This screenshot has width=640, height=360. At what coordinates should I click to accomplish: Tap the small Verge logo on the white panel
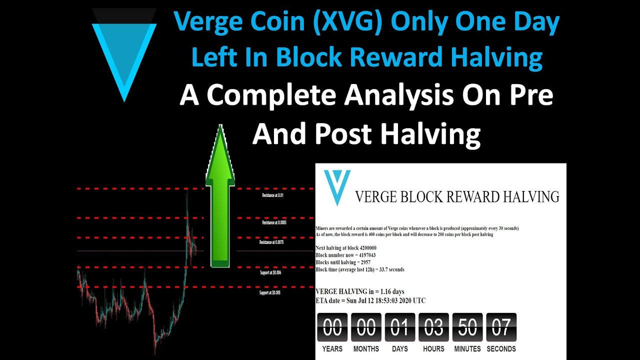pos(337,185)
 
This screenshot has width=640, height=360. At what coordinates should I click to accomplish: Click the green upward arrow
pos(220,197)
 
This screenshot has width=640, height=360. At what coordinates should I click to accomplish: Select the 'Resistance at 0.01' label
pos(272,195)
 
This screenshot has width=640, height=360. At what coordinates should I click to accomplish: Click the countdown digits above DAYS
pos(399,328)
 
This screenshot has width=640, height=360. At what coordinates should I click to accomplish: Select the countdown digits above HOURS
pos(433,328)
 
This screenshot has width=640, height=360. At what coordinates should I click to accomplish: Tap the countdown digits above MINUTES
pos(467,328)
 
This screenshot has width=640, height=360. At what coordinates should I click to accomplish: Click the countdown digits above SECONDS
pos(501,328)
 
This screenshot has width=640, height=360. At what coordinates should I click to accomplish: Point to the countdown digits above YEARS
pos(332,328)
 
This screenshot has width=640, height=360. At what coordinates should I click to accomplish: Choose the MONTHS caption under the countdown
pos(366,349)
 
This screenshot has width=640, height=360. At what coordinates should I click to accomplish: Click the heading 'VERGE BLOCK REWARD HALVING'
pos(457,196)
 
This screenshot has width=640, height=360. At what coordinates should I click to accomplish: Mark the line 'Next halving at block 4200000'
pos(346,248)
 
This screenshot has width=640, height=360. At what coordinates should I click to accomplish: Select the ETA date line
pos(370,300)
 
